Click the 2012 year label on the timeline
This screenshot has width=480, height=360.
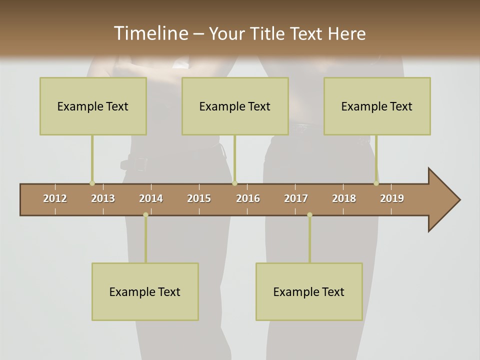click(55, 198)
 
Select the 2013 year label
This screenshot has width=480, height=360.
click(103, 198)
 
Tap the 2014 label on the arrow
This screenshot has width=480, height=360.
click(151, 198)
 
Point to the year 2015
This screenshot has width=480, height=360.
click(199, 198)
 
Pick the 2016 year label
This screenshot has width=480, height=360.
click(248, 198)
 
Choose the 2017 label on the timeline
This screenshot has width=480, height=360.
click(296, 198)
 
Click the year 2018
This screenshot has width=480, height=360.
click(344, 198)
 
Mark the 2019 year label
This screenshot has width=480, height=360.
click(392, 198)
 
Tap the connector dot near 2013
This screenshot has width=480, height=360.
click(92, 183)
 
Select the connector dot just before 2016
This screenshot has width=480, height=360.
click(234, 183)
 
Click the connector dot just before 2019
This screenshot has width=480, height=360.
click(376, 183)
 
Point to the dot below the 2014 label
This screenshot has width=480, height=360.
click(145, 215)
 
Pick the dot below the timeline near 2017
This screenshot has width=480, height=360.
click(309, 215)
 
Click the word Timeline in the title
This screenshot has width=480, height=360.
click(150, 33)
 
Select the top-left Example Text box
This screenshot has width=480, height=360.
click(93, 106)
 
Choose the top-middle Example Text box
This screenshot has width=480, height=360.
click(235, 106)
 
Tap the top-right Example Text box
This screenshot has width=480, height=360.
click(377, 106)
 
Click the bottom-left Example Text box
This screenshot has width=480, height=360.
click(145, 291)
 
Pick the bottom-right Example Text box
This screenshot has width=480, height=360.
click(309, 291)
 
